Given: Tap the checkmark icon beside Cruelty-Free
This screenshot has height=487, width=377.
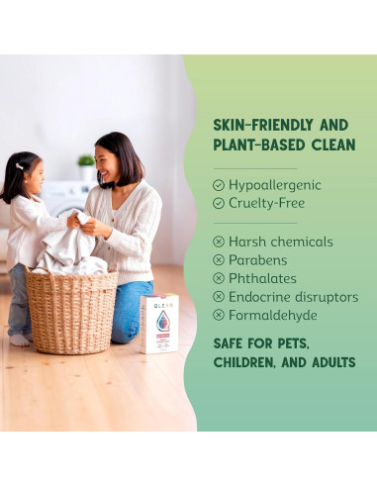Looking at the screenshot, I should pyautogui.click(x=219, y=203).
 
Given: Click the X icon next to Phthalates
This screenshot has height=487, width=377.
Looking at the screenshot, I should pyautogui.click(x=219, y=278).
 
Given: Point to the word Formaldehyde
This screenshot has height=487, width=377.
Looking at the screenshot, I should pyautogui.click(x=273, y=315).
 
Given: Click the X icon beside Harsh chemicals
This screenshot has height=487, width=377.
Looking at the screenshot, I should pyautogui.click(x=219, y=242).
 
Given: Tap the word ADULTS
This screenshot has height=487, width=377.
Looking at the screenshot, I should pyautogui.click(x=330, y=362).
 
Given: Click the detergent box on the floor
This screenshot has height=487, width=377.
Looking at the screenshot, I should pyautogui.click(x=159, y=323).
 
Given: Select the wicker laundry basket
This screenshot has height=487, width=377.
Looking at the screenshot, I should pyautogui.click(x=71, y=309).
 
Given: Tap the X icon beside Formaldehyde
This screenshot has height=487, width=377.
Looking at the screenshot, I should pyautogui.click(x=219, y=315).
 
